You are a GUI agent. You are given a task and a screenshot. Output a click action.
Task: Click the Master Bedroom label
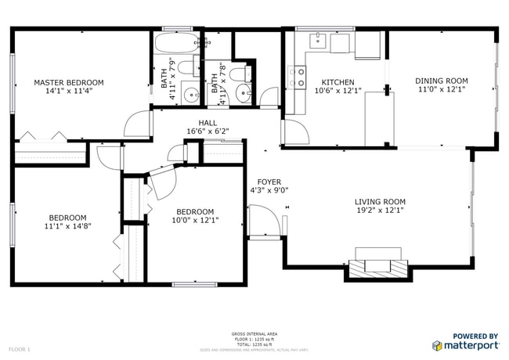[x=68, y=82]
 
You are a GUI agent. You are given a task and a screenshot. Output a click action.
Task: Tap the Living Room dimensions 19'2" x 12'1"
[x=380, y=211]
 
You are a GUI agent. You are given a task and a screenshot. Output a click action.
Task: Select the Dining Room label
[x=441, y=81]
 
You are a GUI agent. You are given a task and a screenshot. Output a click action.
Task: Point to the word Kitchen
[x=338, y=82]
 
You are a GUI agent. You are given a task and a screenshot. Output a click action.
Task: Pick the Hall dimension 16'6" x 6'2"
[x=208, y=131]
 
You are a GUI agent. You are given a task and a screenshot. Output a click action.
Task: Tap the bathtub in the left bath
[x=173, y=43]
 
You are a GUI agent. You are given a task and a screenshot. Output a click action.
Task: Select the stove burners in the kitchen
[x=298, y=76]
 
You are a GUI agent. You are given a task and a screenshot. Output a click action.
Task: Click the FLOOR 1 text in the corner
[x=19, y=348]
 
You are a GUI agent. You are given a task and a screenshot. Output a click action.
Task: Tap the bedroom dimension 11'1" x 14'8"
[x=68, y=226]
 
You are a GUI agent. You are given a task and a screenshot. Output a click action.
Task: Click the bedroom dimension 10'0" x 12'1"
[x=194, y=220]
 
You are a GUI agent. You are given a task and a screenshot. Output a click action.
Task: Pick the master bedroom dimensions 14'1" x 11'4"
[x=68, y=91]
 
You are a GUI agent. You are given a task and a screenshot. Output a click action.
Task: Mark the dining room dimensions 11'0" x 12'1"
[x=441, y=89]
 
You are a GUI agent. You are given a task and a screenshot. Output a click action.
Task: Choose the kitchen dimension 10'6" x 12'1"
[x=338, y=91]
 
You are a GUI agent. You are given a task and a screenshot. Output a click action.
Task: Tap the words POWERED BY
[x=475, y=336]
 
